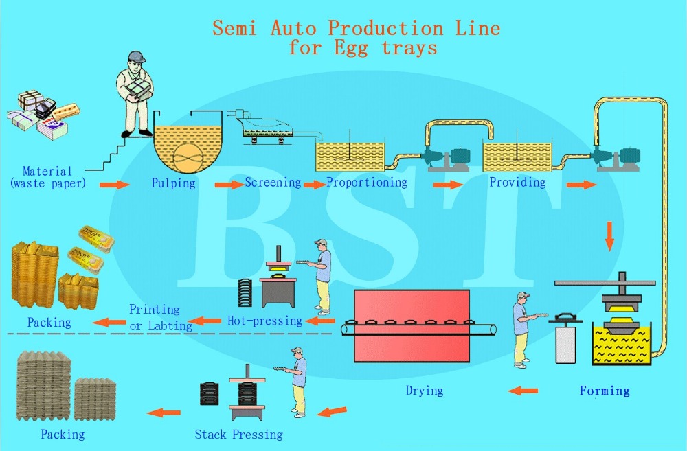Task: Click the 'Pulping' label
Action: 173,183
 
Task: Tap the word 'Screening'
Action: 273,183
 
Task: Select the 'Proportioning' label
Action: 367,183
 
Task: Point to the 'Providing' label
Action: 517,183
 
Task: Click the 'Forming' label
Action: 605,391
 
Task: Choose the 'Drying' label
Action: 424,391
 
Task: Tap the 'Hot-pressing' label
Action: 264,321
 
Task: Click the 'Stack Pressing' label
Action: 238,434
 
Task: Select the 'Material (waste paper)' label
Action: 47,177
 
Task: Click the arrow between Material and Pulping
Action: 114,185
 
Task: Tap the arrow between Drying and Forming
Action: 523,391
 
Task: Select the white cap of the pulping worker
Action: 135,57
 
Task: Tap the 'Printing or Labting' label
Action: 160,318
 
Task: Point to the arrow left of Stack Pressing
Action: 165,413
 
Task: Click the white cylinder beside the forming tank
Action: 565,343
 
